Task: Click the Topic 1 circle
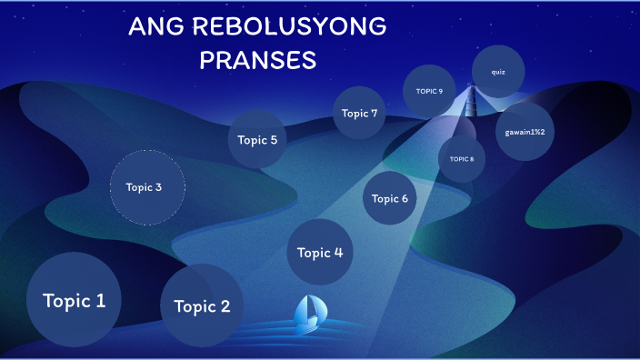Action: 74,298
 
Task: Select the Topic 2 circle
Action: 202,305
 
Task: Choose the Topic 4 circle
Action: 320,252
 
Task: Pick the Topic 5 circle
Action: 257,140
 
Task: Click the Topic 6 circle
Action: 390,198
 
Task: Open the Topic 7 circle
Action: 359,114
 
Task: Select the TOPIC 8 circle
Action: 462,159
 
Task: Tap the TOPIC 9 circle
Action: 429,91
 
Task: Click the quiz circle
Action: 498,71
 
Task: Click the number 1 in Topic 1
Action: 100,299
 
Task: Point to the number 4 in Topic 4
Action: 337,253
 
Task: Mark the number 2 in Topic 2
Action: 225,306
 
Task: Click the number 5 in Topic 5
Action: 273,140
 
